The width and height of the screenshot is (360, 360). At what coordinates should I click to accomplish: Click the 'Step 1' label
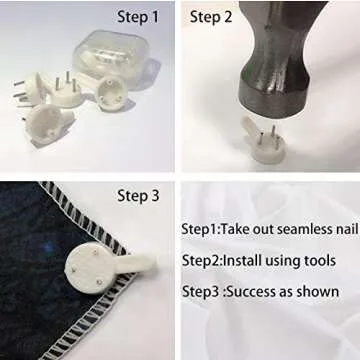pos(138,17)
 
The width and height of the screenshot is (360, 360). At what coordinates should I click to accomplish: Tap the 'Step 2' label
pos(211,17)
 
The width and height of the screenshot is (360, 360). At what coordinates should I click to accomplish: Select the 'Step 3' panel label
pos(138,196)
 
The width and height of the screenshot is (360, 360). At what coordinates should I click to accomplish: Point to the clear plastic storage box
pos(111,57)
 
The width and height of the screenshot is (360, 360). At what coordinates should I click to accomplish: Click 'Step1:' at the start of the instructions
pos(201,230)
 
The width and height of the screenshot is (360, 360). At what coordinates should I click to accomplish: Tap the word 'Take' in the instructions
pos(235,229)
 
